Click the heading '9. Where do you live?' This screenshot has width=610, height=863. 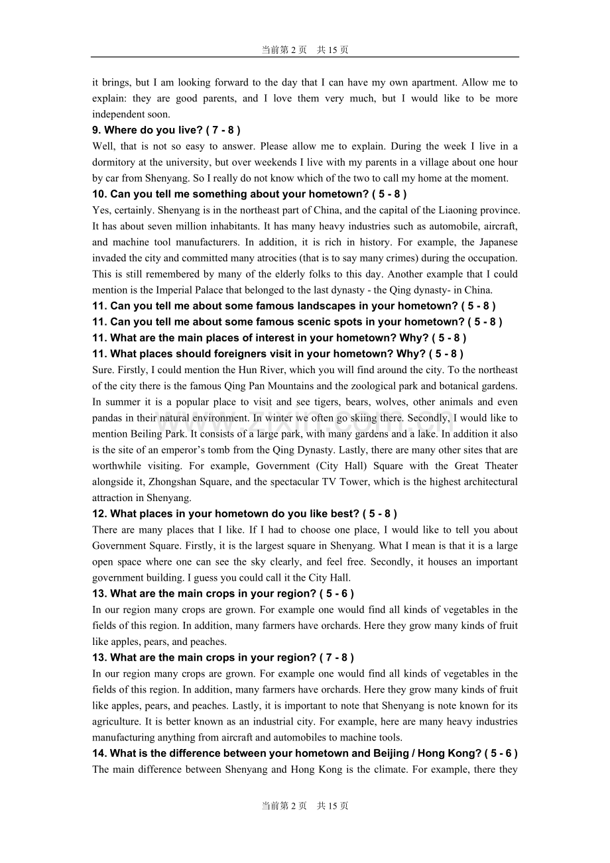tap(166, 131)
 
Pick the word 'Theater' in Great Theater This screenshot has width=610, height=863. tap(501, 466)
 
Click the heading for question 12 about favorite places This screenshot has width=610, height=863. tap(245, 514)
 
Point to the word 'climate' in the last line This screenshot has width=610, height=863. tap(391, 769)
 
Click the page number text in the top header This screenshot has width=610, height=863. tap(304, 50)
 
